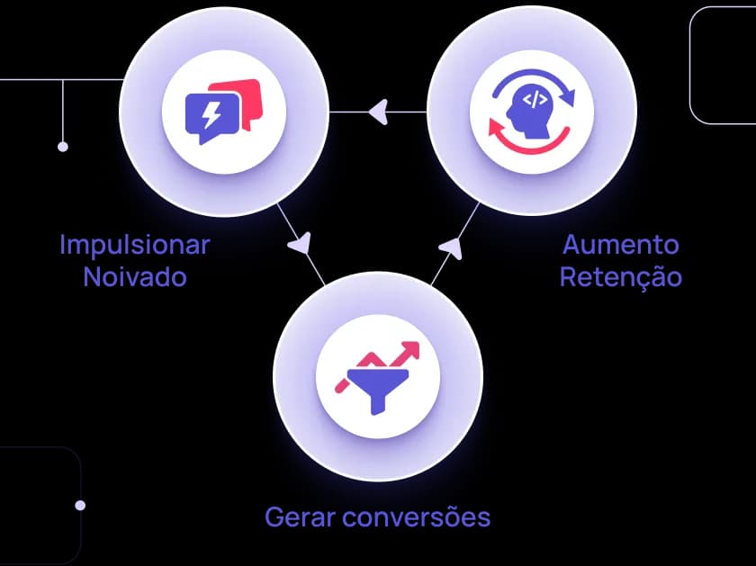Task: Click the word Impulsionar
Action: (x=134, y=244)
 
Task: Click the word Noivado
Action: (x=134, y=276)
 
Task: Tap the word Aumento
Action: (x=621, y=244)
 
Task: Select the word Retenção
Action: (x=621, y=276)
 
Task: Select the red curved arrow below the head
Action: (x=531, y=141)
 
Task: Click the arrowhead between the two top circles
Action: (x=378, y=112)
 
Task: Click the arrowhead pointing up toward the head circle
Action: (x=453, y=243)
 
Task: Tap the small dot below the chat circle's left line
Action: (x=62, y=146)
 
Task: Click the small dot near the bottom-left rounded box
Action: (x=80, y=506)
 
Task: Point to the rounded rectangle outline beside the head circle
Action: (x=723, y=65)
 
